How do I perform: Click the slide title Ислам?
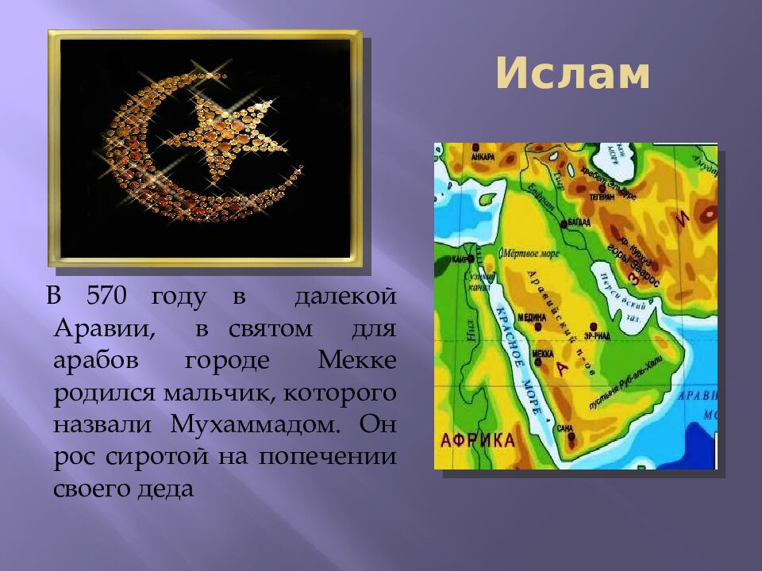pyautogui.click(x=573, y=75)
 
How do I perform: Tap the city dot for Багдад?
pyautogui.click(x=564, y=224)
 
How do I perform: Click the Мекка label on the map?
pyautogui.click(x=542, y=353)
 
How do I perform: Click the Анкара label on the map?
pyautogui.click(x=482, y=157)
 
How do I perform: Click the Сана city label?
pyautogui.click(x=564, y=428)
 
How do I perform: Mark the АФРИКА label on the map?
pyautogui.click(x=476, y=441)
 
